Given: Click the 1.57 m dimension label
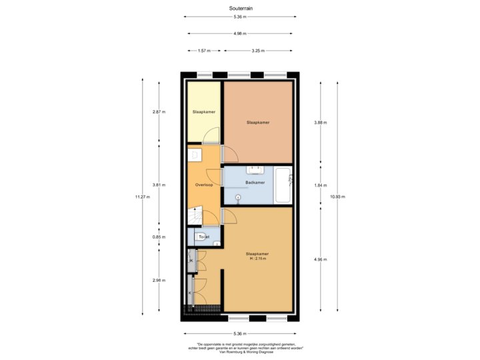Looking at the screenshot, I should pyautogui.click(x=205, y=51).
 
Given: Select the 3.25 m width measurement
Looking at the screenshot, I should pyautogui.click(x=258, y=51).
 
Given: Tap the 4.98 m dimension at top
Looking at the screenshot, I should pyautogui.click(x=239, y=33).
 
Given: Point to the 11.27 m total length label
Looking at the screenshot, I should pyautogui.click(x=142, y=197).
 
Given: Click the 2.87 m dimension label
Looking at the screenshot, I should pyautogui.click(x=159, y=111).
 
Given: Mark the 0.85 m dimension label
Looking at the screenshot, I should pyautogui.click(x=159, y=237).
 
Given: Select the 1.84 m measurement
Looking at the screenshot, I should pyautogui.click(x=321, y=185).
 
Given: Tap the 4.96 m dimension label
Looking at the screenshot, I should pyautogui.click(x=321, y=259).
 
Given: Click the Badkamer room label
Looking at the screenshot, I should pyautogui.click(x=255, y=182).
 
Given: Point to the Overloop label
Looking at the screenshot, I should pyautogui.click(x=204, y=185).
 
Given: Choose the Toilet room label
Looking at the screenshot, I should pyautogui.click(x=204, y=237).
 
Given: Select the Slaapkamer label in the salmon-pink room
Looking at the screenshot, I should pyautogui.click(x=257, y=123).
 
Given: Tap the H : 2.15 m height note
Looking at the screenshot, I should pyautogui.click(x=257, y=259).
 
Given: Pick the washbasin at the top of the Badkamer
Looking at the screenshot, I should pyautogui.click(x=255, y=169).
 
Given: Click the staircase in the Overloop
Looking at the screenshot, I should pyautogui.click(x=195, y=217).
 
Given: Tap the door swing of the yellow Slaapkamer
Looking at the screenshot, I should pyautogui.click(x=211, y=136).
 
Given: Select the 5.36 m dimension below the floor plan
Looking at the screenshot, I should pyautogui.click(x=239, y=333).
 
